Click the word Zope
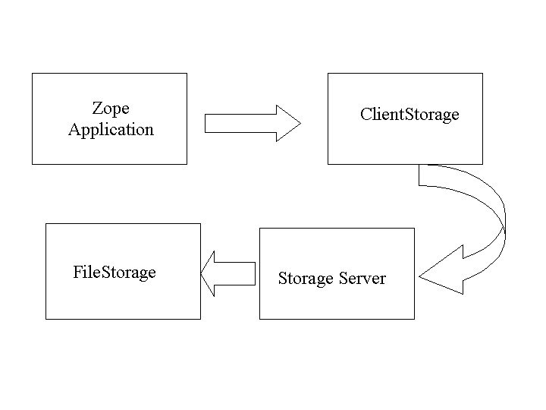point(111,108)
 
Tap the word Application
point(111,130)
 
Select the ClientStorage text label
point(409,115)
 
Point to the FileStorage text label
point(115,272)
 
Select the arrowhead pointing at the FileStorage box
point(210,273)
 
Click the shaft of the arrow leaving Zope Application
point(239,123)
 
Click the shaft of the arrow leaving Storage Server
point(238,273)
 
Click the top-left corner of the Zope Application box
point(32,74)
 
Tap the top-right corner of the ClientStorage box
point(482,74)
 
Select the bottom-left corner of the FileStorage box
point(46,319)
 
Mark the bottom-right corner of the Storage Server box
point(415,319)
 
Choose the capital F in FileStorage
point(77,272)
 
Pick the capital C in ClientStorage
point(366,115)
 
